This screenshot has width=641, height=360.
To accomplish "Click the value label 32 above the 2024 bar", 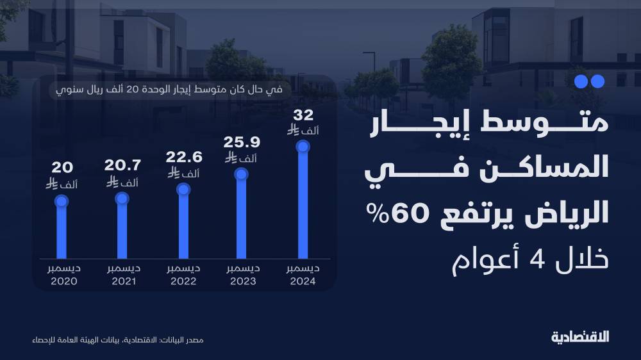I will (x=303, y=116).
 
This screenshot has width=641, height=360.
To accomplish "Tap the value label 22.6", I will (x=184, y=158).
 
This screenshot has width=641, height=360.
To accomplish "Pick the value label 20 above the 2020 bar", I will (x=62, y=168).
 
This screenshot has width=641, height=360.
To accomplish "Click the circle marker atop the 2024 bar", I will (x=303, y=147).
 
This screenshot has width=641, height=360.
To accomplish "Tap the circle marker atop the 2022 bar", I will (x=183, y=189).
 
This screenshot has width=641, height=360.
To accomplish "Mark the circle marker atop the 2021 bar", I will (x=122, y=199).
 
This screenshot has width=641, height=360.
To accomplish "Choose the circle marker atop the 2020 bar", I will (x=62, y=201).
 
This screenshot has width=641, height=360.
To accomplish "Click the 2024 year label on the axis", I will (x=302, y=282).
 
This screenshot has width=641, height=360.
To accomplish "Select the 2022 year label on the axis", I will (x=183, y=282).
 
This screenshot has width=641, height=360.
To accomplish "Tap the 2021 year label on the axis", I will (x=122, y=282).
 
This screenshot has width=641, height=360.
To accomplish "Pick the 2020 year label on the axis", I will (x=62, y=282).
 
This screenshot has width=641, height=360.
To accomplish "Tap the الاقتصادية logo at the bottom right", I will (x=581, y=337).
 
